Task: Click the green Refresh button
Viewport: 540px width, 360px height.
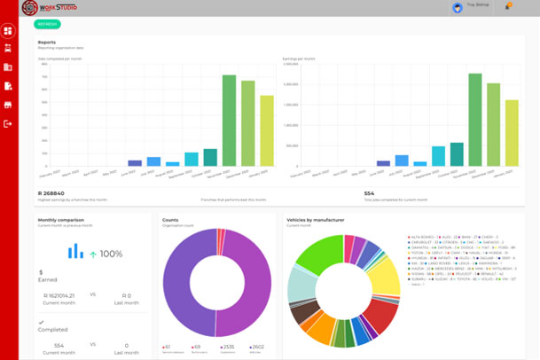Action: (48, 24)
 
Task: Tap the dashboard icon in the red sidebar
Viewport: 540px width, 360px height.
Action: (9, 32)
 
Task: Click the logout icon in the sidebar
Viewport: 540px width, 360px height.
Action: (9, 123)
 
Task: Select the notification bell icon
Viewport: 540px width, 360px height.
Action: (507, 7)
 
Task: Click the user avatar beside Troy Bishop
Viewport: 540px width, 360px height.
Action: (458, 8)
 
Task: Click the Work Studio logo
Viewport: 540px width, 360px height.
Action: (50, 8)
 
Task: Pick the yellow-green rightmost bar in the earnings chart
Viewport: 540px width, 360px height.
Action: (512, 133)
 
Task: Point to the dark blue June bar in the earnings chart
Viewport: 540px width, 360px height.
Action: (383, 163)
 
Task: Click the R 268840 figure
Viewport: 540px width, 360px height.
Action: (53, 192)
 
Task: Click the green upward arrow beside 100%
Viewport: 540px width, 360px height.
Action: (92, 254)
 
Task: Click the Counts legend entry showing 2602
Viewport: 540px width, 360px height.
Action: (256, 347)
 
